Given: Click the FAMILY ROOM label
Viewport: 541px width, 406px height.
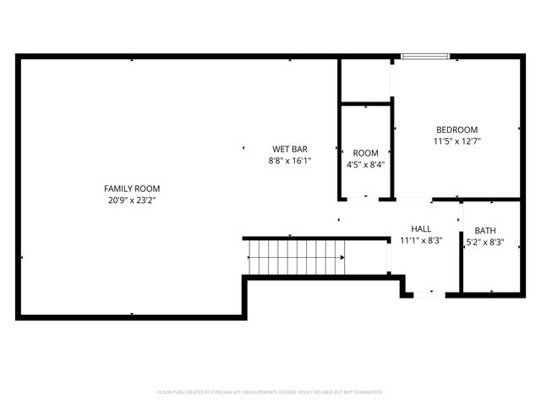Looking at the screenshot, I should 132,189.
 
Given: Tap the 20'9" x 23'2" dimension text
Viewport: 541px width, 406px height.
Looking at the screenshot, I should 132,200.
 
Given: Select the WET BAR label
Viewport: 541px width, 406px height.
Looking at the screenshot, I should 289,148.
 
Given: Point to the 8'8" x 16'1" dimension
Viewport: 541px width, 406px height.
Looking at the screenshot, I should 290,160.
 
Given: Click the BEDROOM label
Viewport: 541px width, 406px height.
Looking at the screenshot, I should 456,129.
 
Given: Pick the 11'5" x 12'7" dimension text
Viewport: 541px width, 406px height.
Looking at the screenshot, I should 456,141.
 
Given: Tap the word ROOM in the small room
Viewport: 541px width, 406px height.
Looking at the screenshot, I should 365,152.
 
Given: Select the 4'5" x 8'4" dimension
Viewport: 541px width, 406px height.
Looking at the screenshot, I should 365,164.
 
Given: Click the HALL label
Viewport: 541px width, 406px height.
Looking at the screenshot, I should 421,229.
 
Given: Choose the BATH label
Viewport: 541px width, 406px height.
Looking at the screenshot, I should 485,230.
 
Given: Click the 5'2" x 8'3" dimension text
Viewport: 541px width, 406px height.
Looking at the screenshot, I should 485,242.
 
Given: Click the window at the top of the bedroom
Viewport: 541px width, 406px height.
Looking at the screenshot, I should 425,58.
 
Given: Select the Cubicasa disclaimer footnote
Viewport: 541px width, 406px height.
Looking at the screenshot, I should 270,392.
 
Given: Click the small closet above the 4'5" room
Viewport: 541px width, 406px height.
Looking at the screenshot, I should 365,80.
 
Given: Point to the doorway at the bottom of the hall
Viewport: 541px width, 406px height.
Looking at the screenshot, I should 429,294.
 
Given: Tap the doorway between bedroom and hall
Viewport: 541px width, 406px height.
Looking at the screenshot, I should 414,200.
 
